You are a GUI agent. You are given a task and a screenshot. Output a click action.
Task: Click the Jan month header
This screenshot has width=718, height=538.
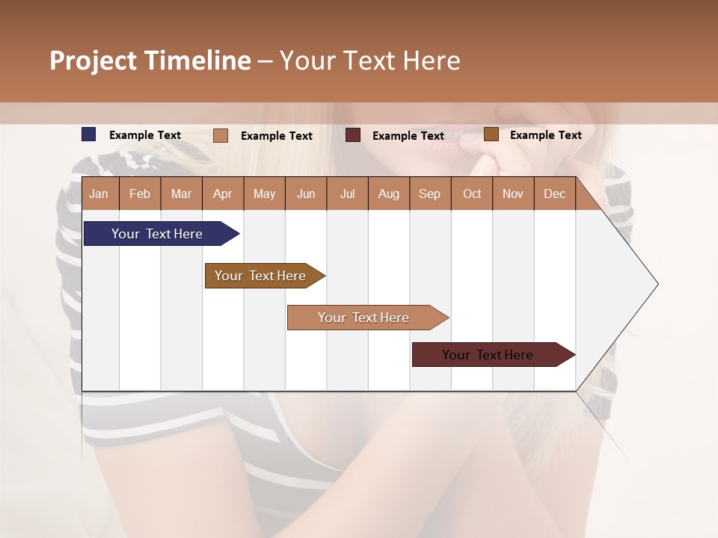coord(99,194)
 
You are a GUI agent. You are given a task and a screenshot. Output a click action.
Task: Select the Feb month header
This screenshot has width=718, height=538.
coord(140,194)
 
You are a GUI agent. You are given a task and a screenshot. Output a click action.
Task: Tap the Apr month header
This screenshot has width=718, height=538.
coord(222,194)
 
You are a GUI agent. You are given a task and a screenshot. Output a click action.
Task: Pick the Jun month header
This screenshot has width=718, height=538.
coord(306,194)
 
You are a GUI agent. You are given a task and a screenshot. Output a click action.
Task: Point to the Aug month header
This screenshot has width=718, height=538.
coord(388,194)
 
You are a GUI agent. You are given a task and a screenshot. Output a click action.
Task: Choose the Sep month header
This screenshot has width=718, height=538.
coord(429,194)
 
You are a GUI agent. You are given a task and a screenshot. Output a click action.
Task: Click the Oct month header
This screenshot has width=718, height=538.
coord(472,194)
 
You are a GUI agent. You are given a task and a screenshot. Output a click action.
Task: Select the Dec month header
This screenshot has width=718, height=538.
coord(554,194)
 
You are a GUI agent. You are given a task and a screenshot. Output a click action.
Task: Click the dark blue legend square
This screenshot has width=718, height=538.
coord(89,134)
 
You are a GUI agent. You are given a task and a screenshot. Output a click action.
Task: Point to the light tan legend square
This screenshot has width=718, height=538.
coord(221,135)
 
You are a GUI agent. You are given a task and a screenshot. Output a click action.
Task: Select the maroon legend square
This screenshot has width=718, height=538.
coord(353,135)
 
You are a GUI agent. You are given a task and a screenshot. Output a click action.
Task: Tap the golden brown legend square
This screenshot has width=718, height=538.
coord(491,134)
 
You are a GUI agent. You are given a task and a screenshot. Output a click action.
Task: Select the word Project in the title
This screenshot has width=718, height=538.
coord(94,61)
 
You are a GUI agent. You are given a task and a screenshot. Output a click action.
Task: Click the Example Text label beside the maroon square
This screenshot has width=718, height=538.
coord(408,136)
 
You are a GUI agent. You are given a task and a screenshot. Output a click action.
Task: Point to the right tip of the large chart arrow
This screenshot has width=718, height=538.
coord(657,284)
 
